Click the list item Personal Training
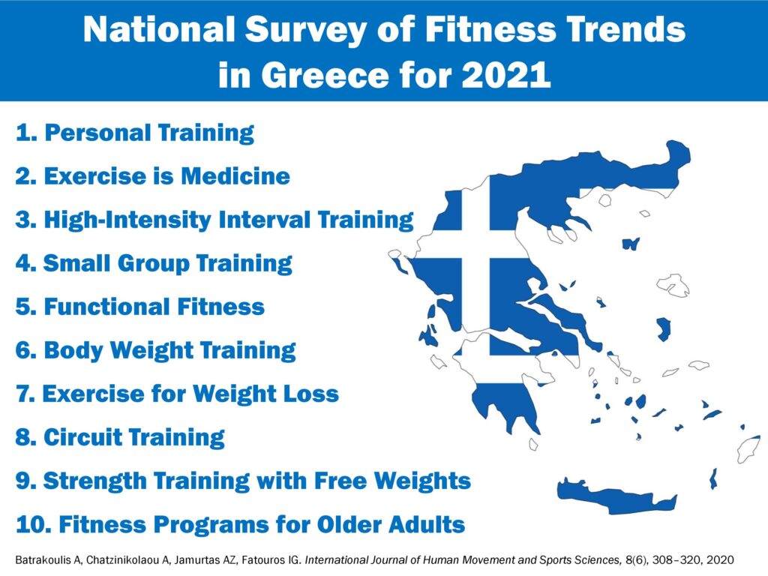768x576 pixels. click(x=135, y=133)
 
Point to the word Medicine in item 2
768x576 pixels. click(x=235, y=175)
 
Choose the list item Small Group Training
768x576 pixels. click(x=154, y=263)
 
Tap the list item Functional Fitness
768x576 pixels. click(x=140, y=307)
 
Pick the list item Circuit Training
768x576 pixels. click(x=120, y=437)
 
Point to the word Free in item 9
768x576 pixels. click(x=340, y=481)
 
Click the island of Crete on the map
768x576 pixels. click(x=617, y=496)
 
